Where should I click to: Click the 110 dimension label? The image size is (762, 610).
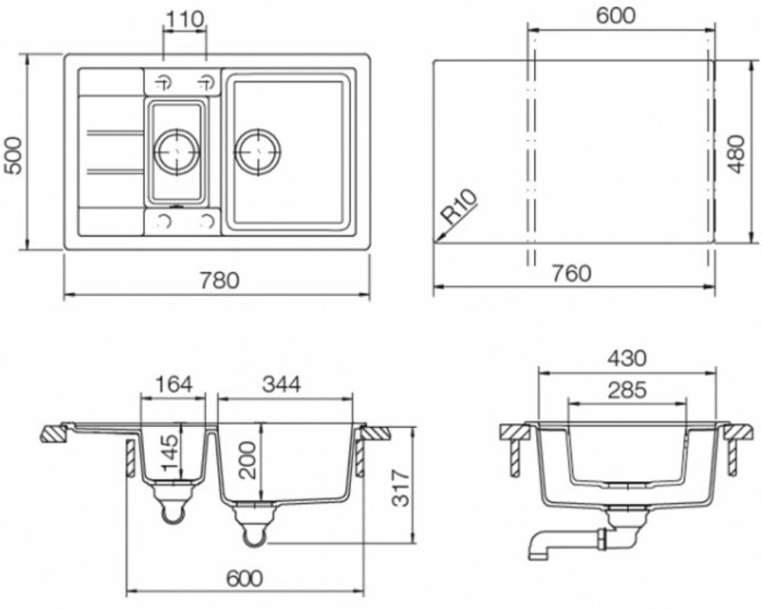184,19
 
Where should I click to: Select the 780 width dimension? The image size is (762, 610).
220,281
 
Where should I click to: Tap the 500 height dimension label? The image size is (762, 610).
12,155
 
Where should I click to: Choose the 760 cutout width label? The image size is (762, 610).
572,273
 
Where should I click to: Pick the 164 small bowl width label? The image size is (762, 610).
173,384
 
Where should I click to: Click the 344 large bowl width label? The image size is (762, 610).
281,384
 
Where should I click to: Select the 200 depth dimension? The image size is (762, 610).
249,460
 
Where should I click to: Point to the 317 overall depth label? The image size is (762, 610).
401,488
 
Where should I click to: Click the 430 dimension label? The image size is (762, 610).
627,358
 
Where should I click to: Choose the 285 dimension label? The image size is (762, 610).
627,390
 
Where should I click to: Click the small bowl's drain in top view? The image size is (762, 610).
177,151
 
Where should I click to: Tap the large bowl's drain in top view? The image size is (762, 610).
258,152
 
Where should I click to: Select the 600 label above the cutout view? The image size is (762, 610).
616,15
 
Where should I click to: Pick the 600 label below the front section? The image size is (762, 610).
244,578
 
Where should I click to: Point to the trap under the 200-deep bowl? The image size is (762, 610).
255,526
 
